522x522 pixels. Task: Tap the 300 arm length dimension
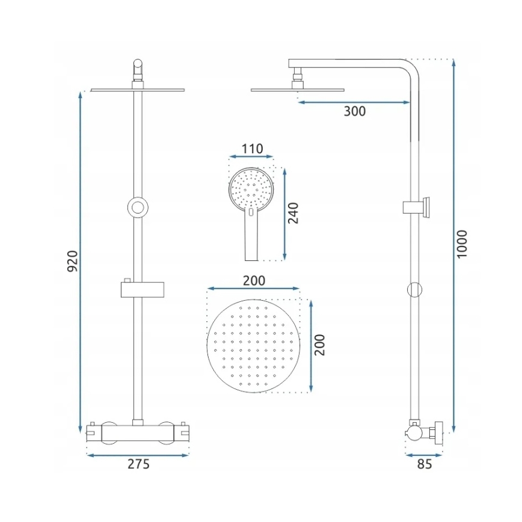point(355,111)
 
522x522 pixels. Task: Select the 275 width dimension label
point(138,464)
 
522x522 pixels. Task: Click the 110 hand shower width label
point(251,149)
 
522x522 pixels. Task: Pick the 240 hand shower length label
point(293,212)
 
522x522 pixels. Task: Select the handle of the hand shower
point(251,238)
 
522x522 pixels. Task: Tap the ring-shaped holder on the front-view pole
point(138,207)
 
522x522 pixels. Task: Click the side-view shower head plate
point(298,90)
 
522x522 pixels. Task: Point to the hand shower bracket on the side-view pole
point(416,207)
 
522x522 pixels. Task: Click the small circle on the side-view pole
point(414,290)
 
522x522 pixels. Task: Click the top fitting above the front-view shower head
point(138,71)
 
